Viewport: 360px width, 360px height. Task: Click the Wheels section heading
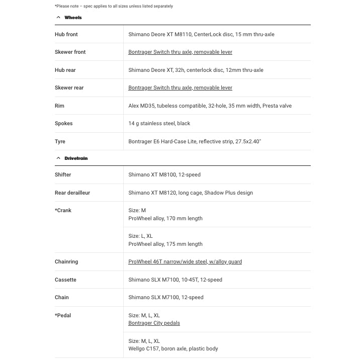(x=73, y=18)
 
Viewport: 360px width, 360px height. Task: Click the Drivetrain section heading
(x=76, y=158)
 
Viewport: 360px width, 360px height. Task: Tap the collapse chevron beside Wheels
(x=59, y=18)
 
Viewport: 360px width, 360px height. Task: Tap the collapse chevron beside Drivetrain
(x=59, y=158)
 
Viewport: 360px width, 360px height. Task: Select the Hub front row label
(x=66, y=34)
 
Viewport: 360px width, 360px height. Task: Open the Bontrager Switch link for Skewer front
(x=180, y=52)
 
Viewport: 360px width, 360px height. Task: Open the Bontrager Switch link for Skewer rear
(x=180, y=88)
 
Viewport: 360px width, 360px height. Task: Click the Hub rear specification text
(x=196, y=70)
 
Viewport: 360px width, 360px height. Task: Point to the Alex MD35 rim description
(x=210, y=106)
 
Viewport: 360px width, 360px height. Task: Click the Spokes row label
(x=64, y=124)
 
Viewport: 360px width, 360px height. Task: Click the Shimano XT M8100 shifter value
(x=164, y=175)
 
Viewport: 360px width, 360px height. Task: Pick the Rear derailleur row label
(x=72, y=193)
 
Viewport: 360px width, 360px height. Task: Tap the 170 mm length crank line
(x=165, y=219)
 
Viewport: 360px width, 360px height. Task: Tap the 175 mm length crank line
(x=165, y=244)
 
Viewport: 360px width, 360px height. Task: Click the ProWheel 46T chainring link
(x=185, y=262)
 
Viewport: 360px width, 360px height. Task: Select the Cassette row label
(x=66, y=280)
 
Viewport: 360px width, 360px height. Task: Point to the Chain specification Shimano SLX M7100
(x=166, y=298)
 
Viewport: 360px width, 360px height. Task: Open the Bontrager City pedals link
(x=154, y=323)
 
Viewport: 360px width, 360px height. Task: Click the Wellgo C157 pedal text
(x=173, y=349)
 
